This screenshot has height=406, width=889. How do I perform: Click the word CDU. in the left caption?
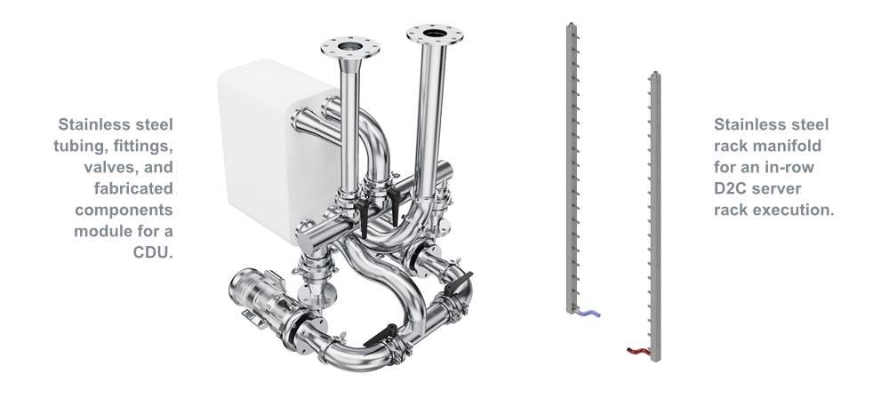pyautogui.click(x=153, y=252)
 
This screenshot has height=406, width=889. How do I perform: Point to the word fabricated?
pyautogui.click(x=133, y=188)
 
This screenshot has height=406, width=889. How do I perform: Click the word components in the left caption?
pyautogui.click(x=124, y=210)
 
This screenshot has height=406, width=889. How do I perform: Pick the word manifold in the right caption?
pyautogui.click(x=794, y=146)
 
